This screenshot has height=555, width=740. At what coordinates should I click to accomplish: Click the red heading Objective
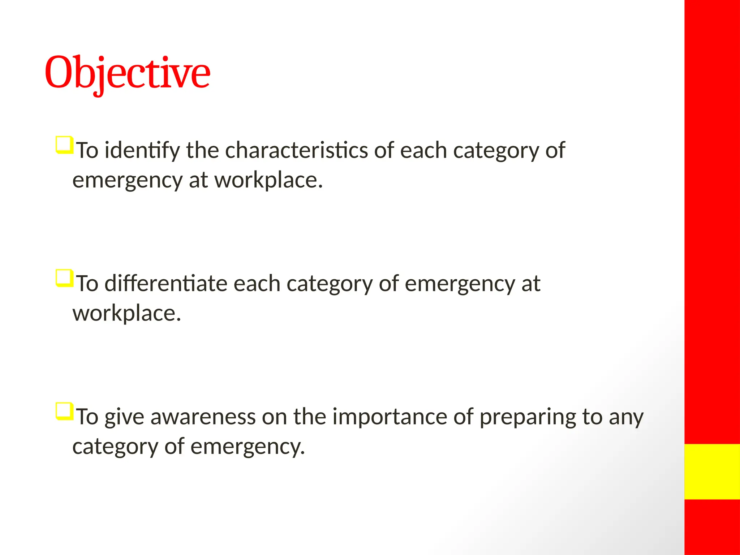click(x=127, y=74)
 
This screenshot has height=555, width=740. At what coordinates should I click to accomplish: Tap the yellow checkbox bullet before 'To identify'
click(x=64, y=145)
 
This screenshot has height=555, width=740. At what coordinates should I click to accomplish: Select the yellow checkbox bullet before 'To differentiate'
click(x=64, y=278)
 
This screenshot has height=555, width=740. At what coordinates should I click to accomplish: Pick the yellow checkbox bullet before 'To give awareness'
click(x=64, y=412)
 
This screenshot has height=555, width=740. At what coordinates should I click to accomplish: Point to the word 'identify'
click(x=142, y=151)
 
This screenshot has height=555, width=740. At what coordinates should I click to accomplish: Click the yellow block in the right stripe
click(x=712, y=472)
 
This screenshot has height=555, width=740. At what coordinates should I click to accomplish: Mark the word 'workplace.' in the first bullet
click(x=268, y=180)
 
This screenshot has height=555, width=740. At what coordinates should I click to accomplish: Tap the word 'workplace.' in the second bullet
click(x=126, y=313)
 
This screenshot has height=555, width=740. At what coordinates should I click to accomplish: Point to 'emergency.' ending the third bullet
click(x=248, y=447)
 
